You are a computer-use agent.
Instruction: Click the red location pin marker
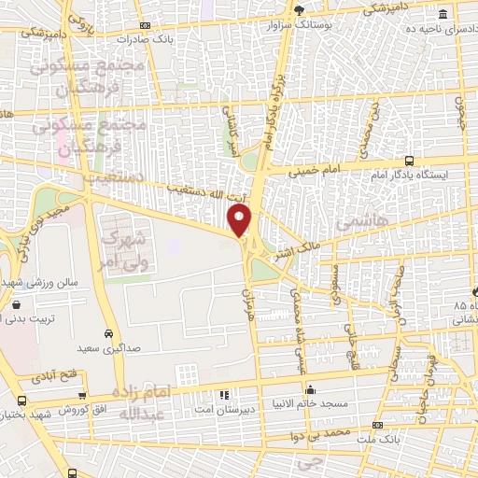point(240,221)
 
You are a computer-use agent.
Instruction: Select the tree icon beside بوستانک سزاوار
point(299,10)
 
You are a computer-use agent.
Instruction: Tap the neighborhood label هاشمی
point(352,224)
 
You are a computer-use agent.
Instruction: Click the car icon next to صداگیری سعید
point(109,333)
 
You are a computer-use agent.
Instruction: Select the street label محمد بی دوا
point(320,433)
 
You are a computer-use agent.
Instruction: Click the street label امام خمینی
point(309,173)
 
